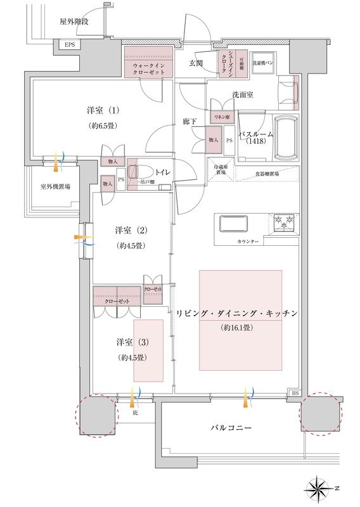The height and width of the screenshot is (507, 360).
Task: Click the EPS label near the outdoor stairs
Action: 68,44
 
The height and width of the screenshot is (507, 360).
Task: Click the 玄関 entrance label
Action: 196,63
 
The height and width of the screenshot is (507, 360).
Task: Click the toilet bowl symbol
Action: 136,172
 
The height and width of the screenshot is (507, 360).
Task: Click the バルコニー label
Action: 231,428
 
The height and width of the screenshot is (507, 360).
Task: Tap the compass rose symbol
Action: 320,489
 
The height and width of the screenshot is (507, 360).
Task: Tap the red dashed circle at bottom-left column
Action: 96,415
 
